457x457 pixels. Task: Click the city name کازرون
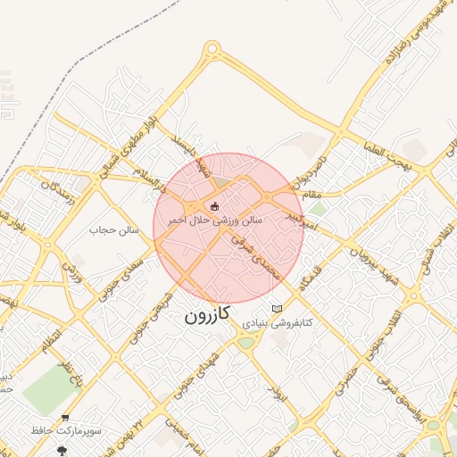207,313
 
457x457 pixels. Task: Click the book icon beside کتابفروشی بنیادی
278,308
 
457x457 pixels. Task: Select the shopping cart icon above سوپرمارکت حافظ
66,417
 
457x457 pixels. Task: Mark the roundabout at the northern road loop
212,49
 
